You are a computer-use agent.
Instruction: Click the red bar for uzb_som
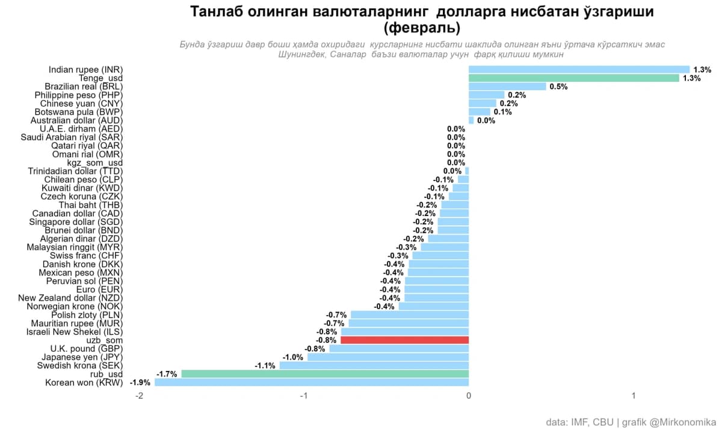[x=404, y=340]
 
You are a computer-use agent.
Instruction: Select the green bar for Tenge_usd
[x=573, y=78]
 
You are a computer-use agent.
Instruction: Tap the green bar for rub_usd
[x=325, y=374]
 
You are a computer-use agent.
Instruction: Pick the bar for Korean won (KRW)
[x=312, y=382]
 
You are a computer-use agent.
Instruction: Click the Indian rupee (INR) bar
[x=579, y=70]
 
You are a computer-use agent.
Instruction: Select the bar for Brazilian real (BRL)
[x=507, y=87]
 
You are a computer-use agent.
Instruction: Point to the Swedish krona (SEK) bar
[x=374, y=366]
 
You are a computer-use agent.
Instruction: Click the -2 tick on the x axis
[x=140, y=396]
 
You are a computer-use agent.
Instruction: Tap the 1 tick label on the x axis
[x=634, y=396]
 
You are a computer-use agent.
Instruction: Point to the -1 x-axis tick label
[x=304, y=396]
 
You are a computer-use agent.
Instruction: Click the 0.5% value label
[x=558, y=87]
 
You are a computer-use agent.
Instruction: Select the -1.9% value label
[x=140, y=382]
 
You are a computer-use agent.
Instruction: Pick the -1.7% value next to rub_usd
[x=167, y=374]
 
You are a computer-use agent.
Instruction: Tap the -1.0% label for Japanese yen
[x=293, y=357]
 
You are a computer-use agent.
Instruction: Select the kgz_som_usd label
[x=94, y=163]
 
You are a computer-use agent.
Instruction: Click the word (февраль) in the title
[x=421, y=28]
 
